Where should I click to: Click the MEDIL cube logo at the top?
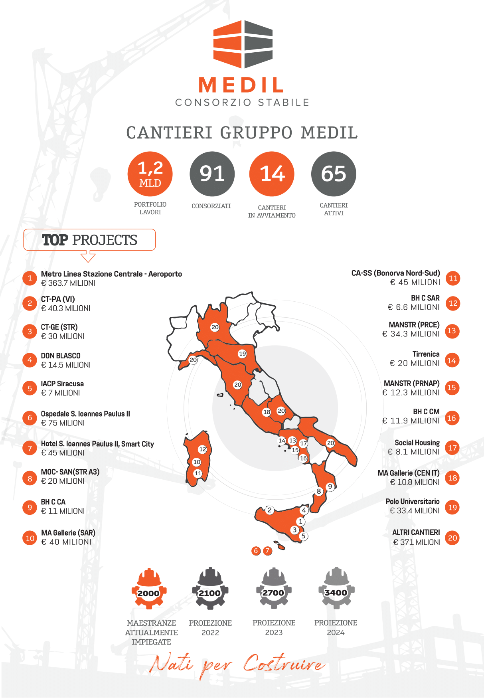coord(243,44)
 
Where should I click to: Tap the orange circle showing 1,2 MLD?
coord(150,174)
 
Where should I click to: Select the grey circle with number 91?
coord(212,174)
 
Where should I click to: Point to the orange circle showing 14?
coord(272,174)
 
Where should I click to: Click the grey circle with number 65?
coord(334,174)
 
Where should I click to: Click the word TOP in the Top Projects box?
coord(55,240)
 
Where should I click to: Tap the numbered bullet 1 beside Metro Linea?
coord(30,278)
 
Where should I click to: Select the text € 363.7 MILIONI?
coord(68,283)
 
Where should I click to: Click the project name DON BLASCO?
coord(61,356)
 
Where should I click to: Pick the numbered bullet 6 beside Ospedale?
coord(30,418)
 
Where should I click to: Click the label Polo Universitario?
coord(413,501)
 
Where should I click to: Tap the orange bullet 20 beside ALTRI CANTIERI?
coord(452,538)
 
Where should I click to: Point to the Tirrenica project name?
coord(426,354)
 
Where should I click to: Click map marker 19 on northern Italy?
coord(242,354)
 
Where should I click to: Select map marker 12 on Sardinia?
coord(203,449)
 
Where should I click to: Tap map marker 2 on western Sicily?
coord(270,510)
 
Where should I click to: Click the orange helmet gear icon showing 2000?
coord(149,589)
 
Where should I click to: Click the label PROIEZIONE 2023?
coord(274,627)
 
